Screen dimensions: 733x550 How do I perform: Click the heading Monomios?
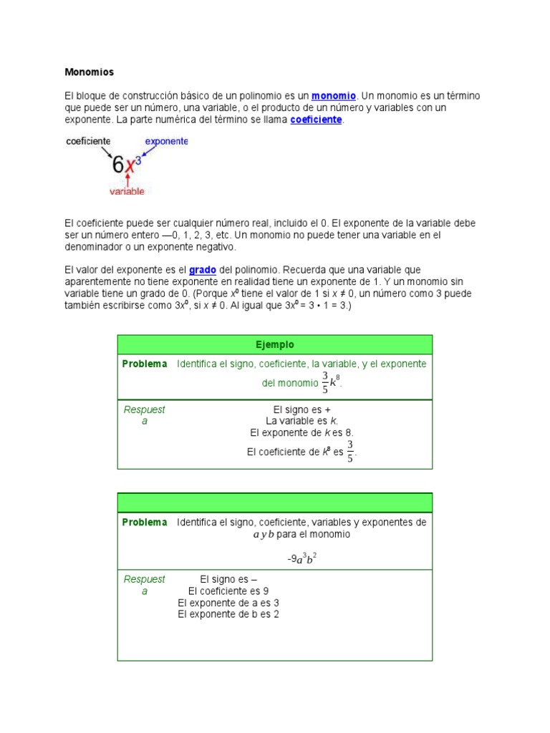(89, 72)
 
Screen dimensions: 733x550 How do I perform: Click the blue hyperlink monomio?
(334, 96)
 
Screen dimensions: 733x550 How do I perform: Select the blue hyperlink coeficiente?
(316, 120)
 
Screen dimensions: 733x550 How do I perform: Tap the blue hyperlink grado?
(203, 270)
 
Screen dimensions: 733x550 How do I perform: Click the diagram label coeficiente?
(87, 142)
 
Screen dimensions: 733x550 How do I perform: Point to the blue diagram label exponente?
(166, 142)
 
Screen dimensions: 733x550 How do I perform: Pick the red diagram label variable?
(127, 191)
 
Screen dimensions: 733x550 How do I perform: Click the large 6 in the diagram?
(118, 165)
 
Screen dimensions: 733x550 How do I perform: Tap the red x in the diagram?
(130, 167)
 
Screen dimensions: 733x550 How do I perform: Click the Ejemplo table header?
(275, 344)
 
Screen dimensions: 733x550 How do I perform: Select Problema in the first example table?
(145, 364)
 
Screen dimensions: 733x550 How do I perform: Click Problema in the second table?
(145, 523)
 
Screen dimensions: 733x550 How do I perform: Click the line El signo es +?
(301, 409)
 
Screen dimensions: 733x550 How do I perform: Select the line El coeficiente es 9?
(228, 591)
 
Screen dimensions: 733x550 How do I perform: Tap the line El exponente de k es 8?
(301, 433)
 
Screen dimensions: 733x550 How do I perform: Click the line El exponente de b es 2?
(228, 614)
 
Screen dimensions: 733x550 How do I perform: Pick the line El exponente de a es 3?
(228, 603)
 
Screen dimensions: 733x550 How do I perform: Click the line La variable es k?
(301, 421)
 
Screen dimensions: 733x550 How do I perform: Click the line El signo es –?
(228, 580)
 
